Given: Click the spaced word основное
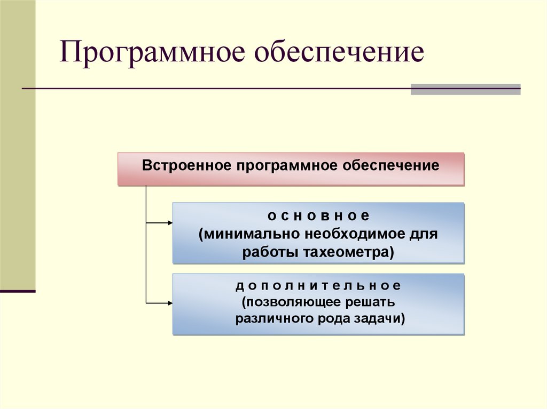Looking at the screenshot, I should (x=318, y=216).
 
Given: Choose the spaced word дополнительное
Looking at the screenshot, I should (x=318, y=286).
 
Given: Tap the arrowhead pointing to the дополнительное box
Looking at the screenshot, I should (x=169, y=303).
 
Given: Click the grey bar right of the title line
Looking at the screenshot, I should (x=465, y=89).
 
